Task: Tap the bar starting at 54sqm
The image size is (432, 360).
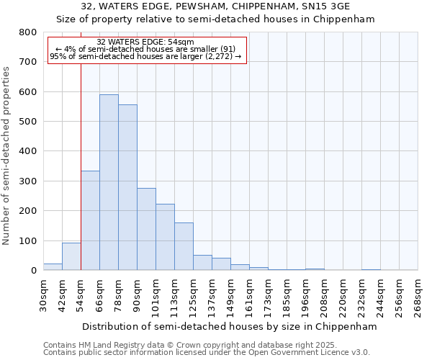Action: click(x=90, y=220)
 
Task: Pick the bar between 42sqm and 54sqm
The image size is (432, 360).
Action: click(x=71, y=256)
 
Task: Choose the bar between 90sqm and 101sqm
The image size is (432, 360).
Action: click(x=146, y=229)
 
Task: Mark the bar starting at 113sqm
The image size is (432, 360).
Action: click(x=184, y=246)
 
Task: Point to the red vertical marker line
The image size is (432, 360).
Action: click(x=81, y=166)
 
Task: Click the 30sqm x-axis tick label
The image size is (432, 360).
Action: click(x=44, y=296)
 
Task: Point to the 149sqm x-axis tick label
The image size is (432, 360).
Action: click(x=231, y=296)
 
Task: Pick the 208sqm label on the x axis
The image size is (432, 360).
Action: click(x=325, y=296)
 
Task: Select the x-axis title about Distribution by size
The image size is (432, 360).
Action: click(x=230, y=326)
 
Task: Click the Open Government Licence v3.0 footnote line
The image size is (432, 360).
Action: click(x=207, y=352)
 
